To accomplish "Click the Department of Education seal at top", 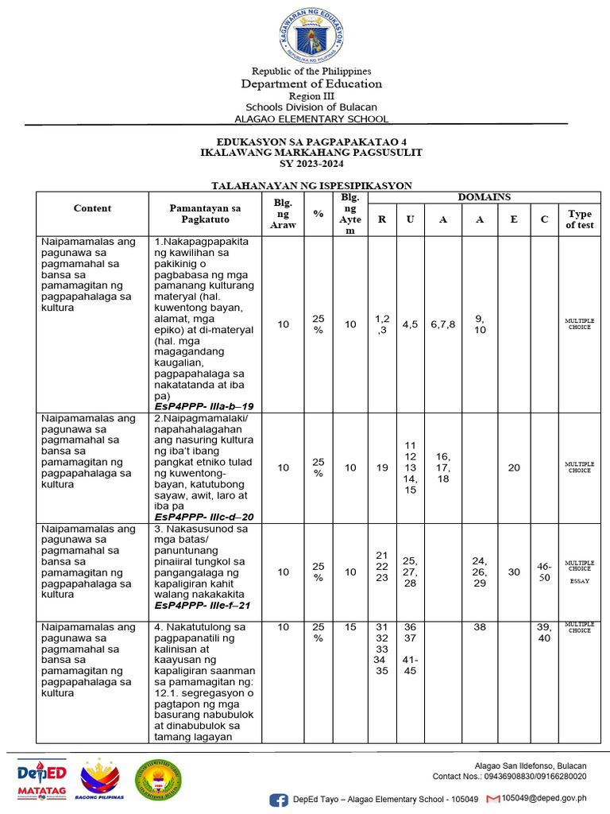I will pyautogui.click(x=312, y=36).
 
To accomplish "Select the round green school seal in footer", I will pyautogui.click(x=158, y=781).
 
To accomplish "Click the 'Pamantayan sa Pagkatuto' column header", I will pyautogui.click(x=204, y=213).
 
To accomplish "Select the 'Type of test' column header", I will pyautogui.click(x=579, y=219).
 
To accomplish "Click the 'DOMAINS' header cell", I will pyautogui.click(x=484, y=196).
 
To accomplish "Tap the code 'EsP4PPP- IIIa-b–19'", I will pyautogui.click(x=204, y=406).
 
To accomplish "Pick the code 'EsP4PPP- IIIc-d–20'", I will pyautogui.click(x=204, y=517).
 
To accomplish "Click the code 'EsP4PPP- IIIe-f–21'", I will pyautogui.click(x=203, y=605).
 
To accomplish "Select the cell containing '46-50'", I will pyautogui.click(x=544, y=572).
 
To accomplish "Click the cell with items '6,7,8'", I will pyautogui.click(x=443, y=324).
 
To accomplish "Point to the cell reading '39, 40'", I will pyautogui.click(x=544, y=632).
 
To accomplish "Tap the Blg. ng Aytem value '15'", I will pyautogui.click(x=350, y=627).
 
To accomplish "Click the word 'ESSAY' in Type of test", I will pyautogui.click(x=579, y=581).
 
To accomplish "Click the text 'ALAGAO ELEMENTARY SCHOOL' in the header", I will pyautogui.click(x=311, y=119).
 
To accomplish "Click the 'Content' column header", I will pyautogui.click(x=93, y=208).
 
